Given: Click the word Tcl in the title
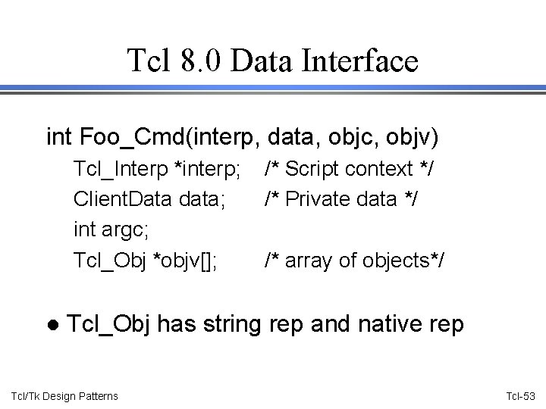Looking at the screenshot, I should pyautogui.click(x=150, y=61).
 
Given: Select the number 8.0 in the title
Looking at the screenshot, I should pyautogui.click(x=201, y=61).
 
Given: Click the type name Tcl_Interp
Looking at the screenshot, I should pyautogui.click(x=121, y=169).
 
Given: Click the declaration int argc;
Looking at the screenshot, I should pyautogui.click(x=102, y=230).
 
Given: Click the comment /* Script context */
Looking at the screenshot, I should pyautogui.click(x=349, y=169).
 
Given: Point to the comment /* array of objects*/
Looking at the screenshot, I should pyautogui.click(x=354, y=261).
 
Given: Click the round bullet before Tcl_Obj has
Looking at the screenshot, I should pyautogui.click(x=52, y=325).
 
